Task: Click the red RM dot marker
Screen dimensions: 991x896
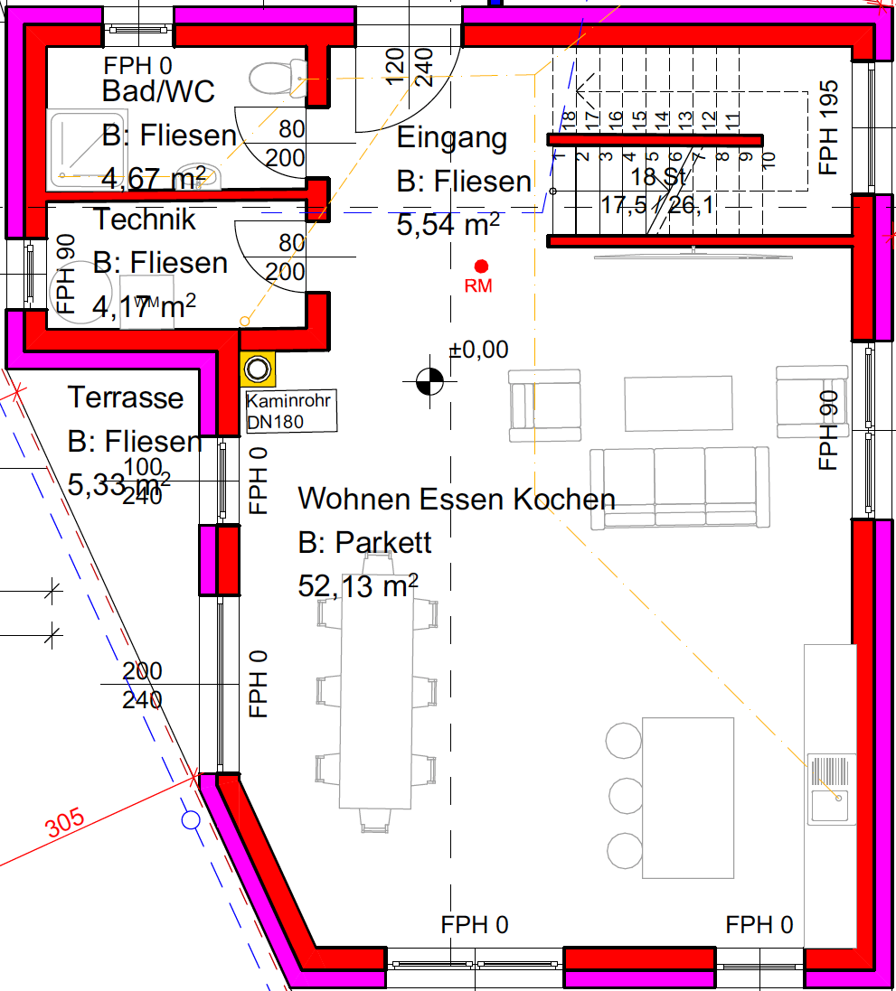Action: coord(481,266)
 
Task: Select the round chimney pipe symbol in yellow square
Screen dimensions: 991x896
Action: coord(259,369)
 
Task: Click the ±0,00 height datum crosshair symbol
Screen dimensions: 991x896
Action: coord(429,382)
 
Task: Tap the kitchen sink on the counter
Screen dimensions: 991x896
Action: coord(831,789)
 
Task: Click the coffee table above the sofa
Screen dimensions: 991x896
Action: coord(678,404)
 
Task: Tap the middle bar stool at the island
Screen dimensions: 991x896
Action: coord(625,796)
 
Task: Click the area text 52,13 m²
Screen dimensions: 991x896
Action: coord(358,586)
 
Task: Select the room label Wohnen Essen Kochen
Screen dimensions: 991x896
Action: coord(457,499)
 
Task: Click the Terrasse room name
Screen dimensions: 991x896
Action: coord(126,397)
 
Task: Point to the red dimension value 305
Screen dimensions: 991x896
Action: coord(64,823)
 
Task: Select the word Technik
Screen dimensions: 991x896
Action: coord(145,219)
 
